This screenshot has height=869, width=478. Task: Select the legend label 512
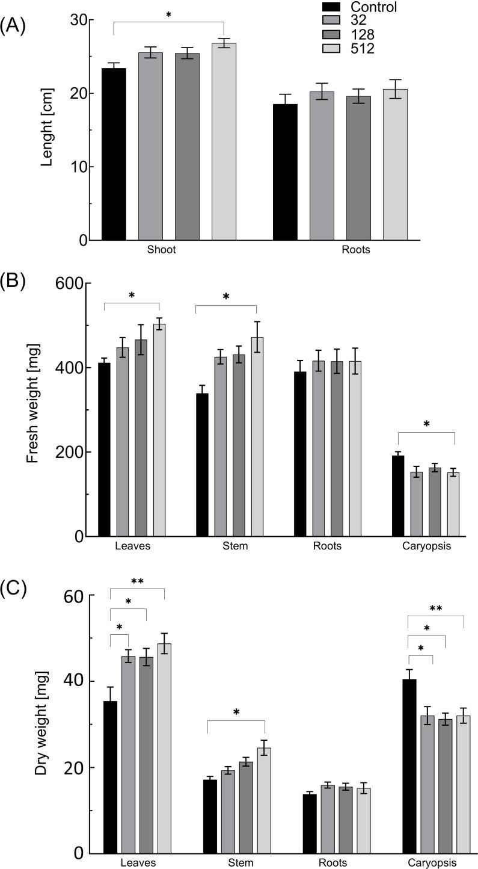point(363,49)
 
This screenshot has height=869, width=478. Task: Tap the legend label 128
point(363,35)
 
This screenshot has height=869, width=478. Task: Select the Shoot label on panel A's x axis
point(161,250)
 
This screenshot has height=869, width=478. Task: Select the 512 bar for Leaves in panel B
point(159,430)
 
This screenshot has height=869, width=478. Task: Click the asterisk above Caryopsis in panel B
point(426,424)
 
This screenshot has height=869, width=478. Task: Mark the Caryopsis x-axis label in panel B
point(425,546)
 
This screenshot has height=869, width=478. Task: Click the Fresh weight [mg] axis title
point(32,409)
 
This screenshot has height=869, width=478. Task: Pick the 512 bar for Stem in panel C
point(257,800)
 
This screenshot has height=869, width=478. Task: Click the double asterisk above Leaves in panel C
point(137,582)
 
